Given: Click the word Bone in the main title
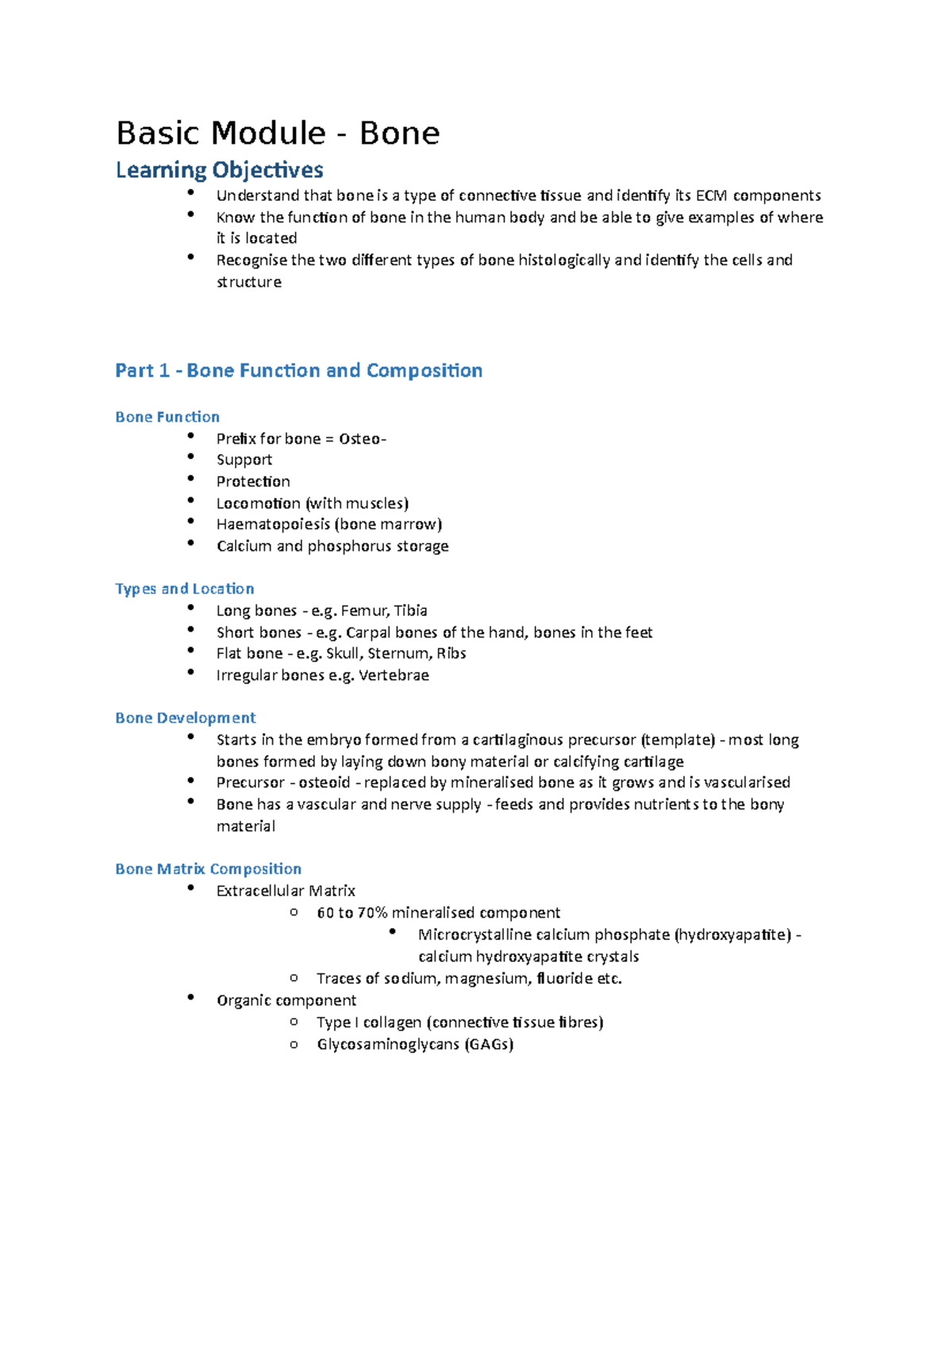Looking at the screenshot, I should pyautogui.click(x=399, y=133).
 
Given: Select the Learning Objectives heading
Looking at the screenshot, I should pyautogui.click(x=219, y=170).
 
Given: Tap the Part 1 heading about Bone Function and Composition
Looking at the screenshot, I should pyautogui.click(x=298, y=371).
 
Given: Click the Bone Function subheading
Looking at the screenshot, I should pyautogui.click(x=167, y=417).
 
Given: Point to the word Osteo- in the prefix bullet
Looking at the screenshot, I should pyautogui.click(x=363, y=439).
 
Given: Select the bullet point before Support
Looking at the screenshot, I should pyautogui.click(x=190, y=456).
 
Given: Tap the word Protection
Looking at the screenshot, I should pyautogui.click(x=253, y=481).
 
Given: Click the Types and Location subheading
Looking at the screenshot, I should pyautogui.click(x=184, y=588).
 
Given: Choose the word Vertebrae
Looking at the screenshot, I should pyautogui.click(x=393, y=676).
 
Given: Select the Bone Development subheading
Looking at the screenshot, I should pyautogui.click(x=185, y=718).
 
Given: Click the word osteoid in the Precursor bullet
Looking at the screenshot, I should pyautogui.click(x=324, y=783).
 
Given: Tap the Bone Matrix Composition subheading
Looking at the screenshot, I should pyautogui.click(x=208, y=868).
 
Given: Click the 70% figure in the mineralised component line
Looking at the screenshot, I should pyautogui.click(x=372, y=913).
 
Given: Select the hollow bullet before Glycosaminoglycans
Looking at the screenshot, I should pyautogui.click(x=294, y=1045).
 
